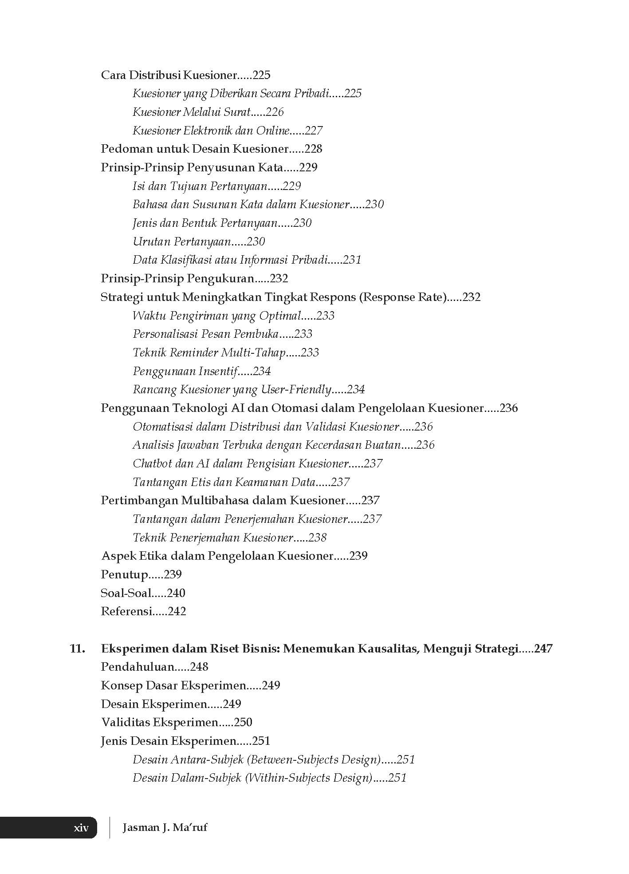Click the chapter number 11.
point(78,649)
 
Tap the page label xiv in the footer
point(81,827)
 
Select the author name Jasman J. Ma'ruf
point(165,827)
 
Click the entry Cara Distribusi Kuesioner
point(168,75)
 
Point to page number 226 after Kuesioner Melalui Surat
point(275,112)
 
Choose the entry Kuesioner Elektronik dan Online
point(211,131)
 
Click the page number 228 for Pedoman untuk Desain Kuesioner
point(313,149)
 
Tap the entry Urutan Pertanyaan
point(182,241)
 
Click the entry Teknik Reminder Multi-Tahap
point(209,352)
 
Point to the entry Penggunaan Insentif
point(185,371)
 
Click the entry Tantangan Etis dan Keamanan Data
point(224,482)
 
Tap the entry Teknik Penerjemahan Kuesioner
point(213,538)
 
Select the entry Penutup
point(125,574)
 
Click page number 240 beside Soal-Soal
point(176,593)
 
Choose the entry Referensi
point(126,611)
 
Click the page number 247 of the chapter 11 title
point(543,649)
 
